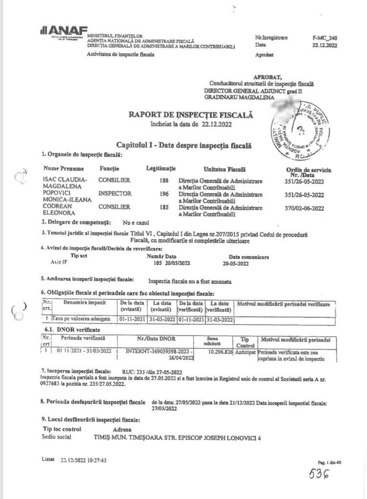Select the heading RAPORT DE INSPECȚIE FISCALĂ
[x=191, y=115]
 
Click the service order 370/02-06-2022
[x=305, y=208]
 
